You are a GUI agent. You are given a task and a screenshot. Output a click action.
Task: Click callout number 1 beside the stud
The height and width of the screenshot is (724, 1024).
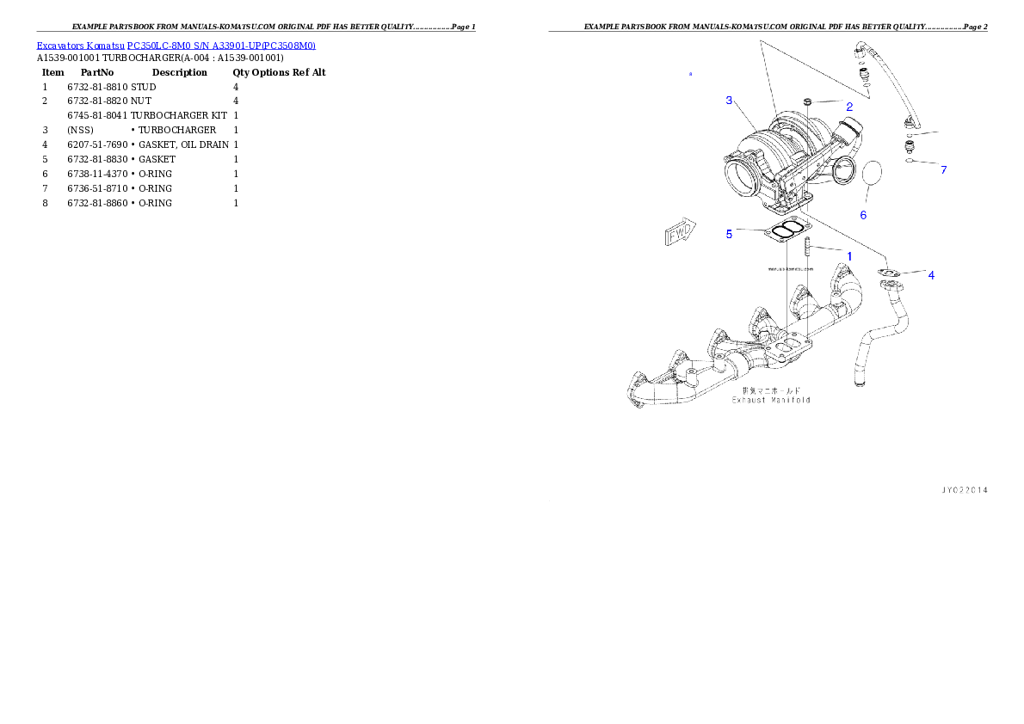pos(849,256)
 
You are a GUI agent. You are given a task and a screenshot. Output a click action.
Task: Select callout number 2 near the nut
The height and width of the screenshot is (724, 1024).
pos(848,107)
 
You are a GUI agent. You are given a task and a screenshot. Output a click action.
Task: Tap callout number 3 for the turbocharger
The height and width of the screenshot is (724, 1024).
pos(729,101)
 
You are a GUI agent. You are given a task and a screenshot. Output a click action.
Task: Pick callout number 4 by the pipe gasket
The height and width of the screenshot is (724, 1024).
pos(931,275)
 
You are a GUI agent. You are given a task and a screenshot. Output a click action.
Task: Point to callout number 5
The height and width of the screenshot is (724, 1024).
pos(729,233)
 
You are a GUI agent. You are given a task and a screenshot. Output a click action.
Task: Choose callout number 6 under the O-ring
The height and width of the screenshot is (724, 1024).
pos(863,215)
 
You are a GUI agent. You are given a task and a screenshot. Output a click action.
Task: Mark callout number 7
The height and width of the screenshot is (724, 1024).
pos(943,170)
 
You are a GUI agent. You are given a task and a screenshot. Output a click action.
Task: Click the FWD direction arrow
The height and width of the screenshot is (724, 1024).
pos(679,233)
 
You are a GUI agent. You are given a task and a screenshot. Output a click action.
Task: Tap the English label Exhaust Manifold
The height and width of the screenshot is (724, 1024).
pos(771,400)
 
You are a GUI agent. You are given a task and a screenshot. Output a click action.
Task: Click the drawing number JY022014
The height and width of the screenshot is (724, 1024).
pos(963,490)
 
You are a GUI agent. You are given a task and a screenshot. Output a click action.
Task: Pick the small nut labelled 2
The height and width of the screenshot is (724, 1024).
pos(808,103)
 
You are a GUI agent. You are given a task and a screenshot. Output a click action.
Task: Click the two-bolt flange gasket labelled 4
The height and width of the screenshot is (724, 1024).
pos(889,273)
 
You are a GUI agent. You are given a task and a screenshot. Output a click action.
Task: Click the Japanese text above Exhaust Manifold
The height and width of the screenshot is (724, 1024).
pos(771,390)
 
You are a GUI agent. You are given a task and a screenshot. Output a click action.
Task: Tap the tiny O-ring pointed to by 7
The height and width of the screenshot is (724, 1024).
pos(909,161)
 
